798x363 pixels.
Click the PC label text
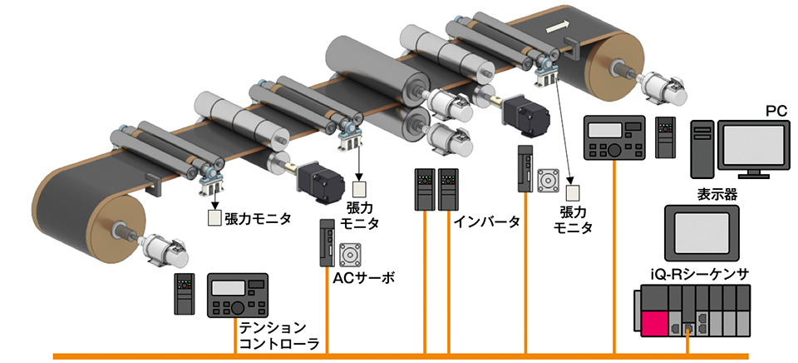click(775, 111)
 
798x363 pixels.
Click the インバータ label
click(487, 221)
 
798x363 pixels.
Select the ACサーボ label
click(362, 277)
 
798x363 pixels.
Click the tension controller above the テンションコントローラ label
click(237, 295)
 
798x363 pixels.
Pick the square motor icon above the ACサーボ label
click(348, 253)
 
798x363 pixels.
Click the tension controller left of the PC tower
click(614, 137)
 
